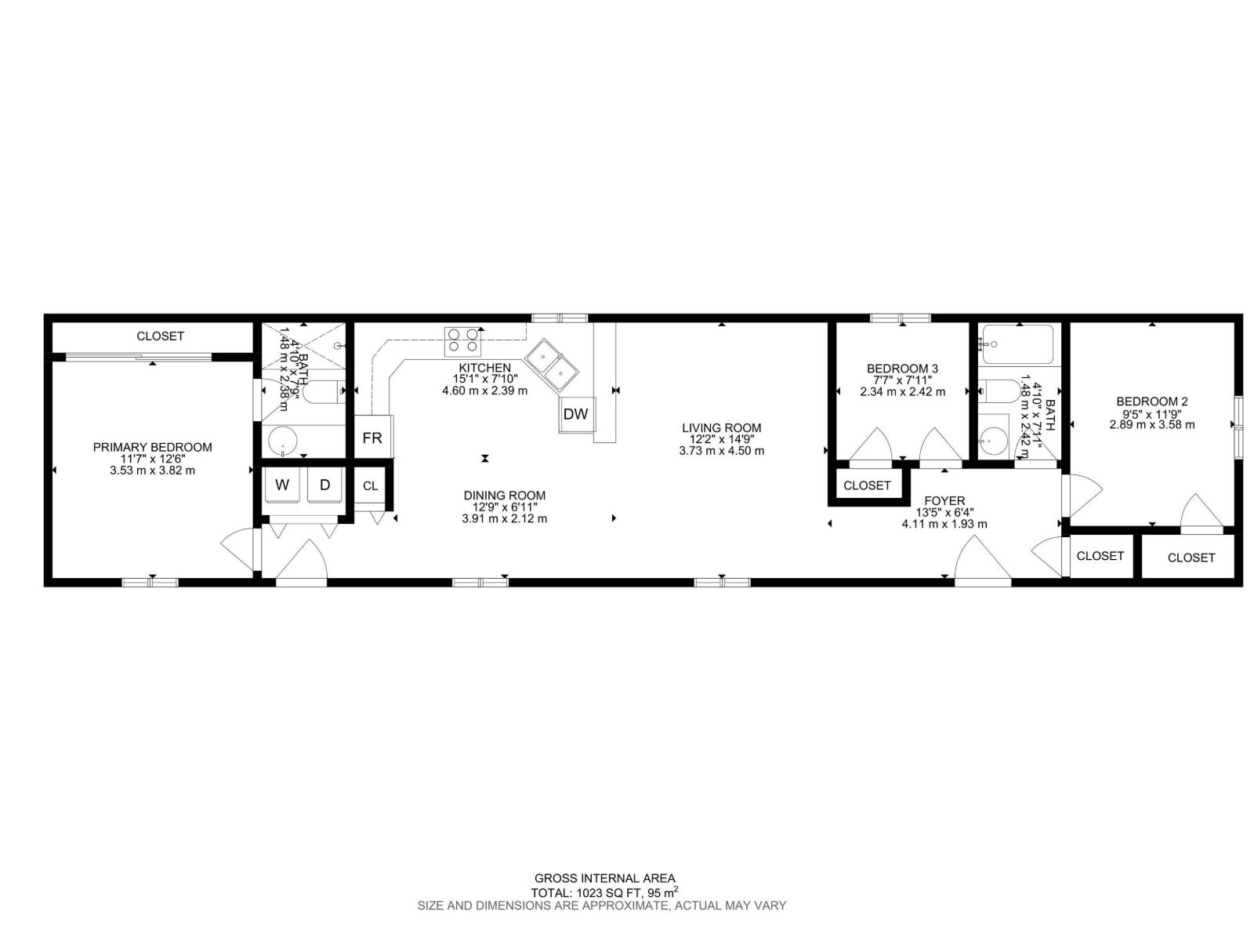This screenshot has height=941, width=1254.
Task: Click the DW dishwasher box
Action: click(x=576, y=414)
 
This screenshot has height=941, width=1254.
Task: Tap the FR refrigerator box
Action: click(x=372, y=438)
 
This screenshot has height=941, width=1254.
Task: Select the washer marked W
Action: click(x=282, y=485)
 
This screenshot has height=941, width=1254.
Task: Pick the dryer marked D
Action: click(x=325, y=485)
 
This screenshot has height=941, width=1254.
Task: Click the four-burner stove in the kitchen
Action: click(x=462, y=342)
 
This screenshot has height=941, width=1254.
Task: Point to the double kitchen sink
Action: click(x=552, y=365)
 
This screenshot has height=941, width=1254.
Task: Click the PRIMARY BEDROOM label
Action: click(x=152, y=447)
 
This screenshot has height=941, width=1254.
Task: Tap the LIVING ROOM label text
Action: click(x=721, y=428)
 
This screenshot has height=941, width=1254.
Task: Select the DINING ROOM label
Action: click(x=504, y=496)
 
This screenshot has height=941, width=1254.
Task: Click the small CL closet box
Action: click(x=371, y=486)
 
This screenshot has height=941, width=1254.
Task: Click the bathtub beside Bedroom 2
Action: click(x=1019, y=344)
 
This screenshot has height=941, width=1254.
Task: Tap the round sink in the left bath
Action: click(x=281, y=441)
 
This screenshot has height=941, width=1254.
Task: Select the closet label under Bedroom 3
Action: click(x=867, y=485)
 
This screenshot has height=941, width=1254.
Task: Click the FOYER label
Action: click(x=944, y=501)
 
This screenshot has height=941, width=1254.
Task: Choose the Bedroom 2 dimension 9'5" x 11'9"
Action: click(x=1152, y=413)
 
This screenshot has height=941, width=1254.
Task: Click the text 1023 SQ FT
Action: click(x=610, y=892)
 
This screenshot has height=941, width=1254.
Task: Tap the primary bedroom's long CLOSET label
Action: click(x=160, y=336)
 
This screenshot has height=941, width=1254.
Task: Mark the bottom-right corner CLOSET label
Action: click(x=1191, y=558)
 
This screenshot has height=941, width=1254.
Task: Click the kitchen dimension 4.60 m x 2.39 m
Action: click(x=484, y=391)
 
